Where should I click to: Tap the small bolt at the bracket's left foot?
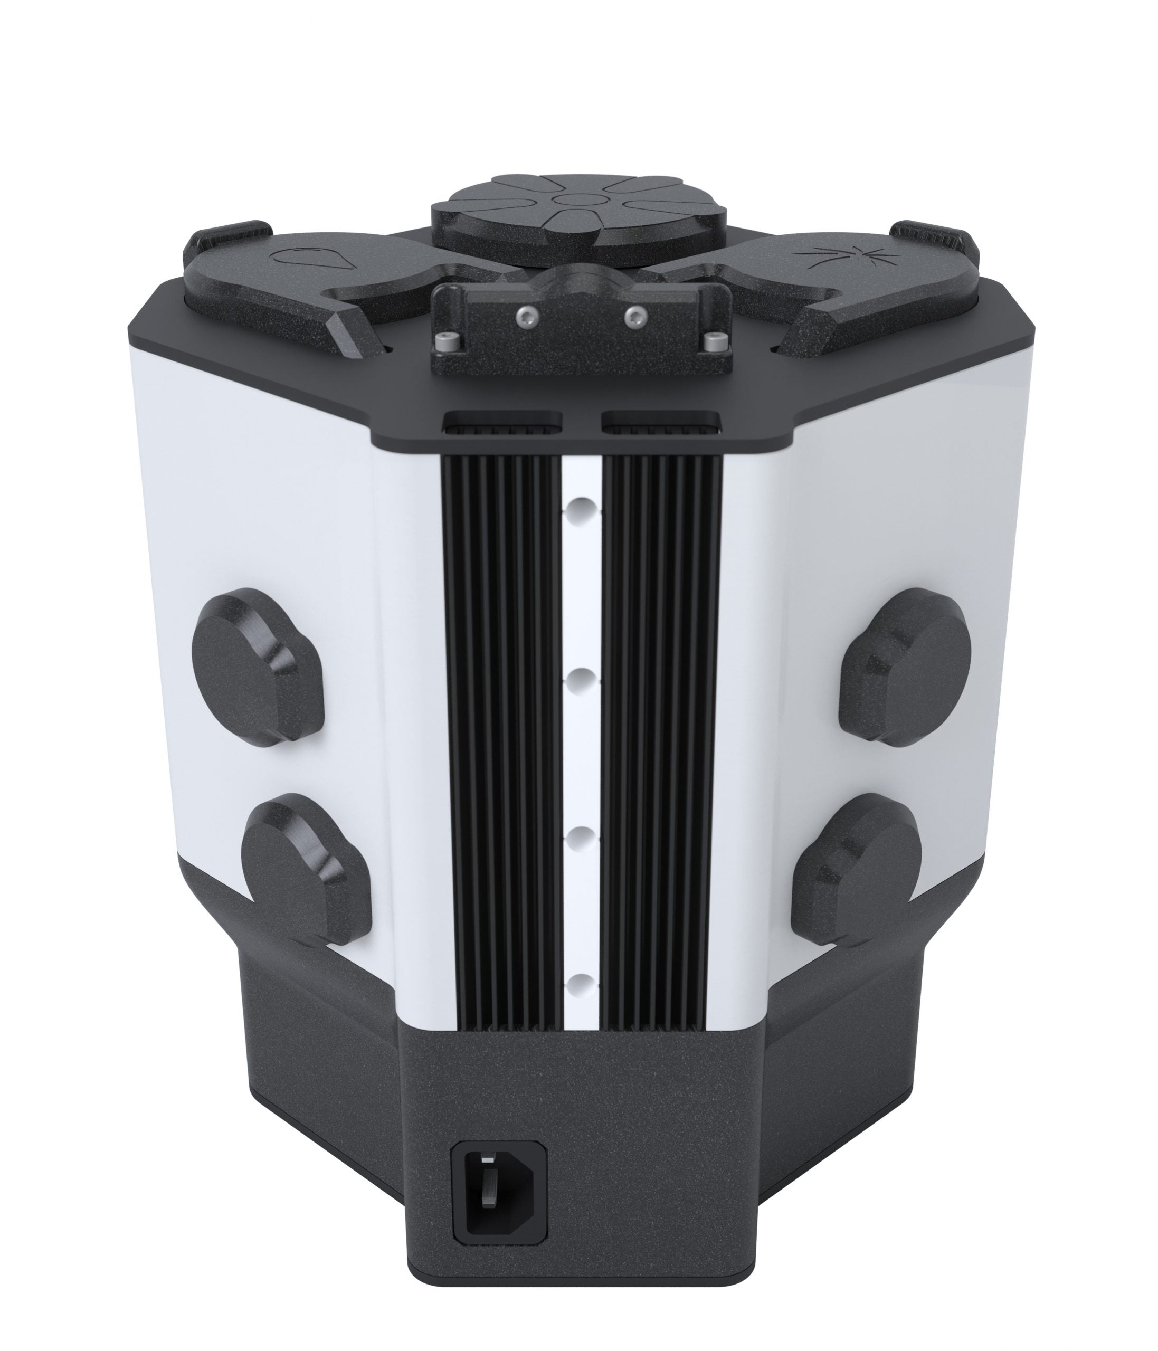point(445,342)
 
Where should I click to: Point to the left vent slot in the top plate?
point(502,423)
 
